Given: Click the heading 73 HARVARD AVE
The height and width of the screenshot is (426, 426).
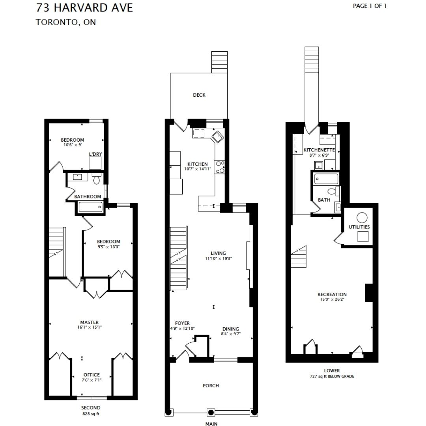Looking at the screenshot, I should [84, 7].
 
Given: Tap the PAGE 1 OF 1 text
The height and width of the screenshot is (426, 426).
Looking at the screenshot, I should [370, 6].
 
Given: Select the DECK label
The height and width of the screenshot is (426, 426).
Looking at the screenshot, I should [199, 95].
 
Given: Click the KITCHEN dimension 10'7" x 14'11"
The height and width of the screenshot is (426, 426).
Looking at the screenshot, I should [197, 169].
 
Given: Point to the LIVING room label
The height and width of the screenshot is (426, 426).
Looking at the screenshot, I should [218, 253].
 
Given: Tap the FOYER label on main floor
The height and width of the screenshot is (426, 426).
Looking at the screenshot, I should [182, 323].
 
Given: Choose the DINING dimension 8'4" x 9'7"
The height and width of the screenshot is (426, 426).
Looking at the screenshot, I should [231, 334].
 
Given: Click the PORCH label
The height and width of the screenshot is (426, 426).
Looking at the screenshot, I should [211, 385].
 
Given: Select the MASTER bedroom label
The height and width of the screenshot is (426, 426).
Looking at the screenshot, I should [89, 322].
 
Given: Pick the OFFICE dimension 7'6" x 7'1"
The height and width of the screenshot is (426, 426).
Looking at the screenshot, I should [92, 380].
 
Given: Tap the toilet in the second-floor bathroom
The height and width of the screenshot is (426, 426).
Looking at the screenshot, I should [97, 180].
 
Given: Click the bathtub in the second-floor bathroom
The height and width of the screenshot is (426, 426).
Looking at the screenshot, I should [90, 207].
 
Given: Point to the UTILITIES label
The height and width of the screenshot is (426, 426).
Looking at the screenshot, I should [359, 227].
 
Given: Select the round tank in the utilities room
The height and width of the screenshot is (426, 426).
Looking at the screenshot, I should [362, 218].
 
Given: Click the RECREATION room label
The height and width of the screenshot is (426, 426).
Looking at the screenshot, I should [332, 294].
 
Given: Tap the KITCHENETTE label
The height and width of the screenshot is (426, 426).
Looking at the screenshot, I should [319, 150].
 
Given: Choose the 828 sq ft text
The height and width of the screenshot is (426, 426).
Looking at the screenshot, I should [91, 414].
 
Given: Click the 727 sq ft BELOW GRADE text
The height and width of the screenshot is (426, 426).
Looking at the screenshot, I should [332, 376].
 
